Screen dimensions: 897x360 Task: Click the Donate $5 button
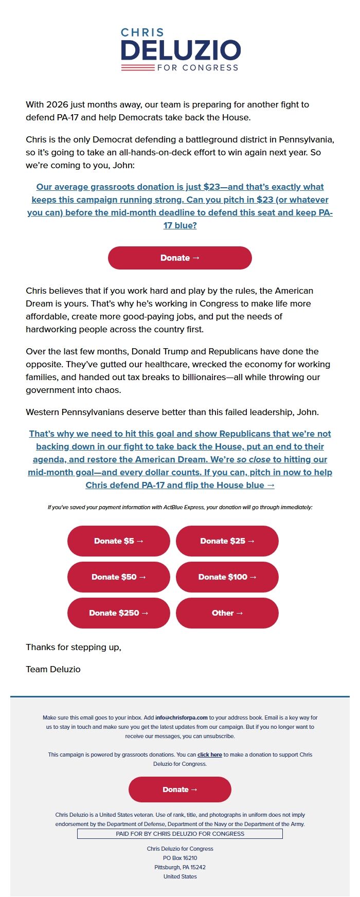(119, 541)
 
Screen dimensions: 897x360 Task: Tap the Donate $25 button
(227, 541)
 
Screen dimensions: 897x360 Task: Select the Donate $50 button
(119, 577)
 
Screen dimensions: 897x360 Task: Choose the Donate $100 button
(227, 577)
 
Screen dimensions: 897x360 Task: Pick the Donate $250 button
(119, 613)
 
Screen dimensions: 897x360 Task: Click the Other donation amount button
(227, 613)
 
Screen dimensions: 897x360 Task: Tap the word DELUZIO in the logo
(181, 50)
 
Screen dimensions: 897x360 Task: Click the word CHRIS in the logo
(142, 32)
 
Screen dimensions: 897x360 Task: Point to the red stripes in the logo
(138, 67)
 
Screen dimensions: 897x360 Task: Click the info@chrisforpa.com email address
(182, 717)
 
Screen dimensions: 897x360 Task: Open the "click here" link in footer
(209, 755)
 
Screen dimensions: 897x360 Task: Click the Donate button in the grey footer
(180, 790)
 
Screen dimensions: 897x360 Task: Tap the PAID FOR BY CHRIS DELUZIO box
(180, 834)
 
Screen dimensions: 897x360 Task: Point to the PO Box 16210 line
(180, 858)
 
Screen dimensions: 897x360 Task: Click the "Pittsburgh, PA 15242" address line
(180, 867)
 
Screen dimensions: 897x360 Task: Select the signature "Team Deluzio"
(53, 669)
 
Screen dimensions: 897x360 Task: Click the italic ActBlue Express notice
(180, 507)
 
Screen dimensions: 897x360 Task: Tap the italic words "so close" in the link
(253, 459)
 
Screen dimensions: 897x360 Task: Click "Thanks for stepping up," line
(74, 647)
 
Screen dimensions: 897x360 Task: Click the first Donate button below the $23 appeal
(180, 258)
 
